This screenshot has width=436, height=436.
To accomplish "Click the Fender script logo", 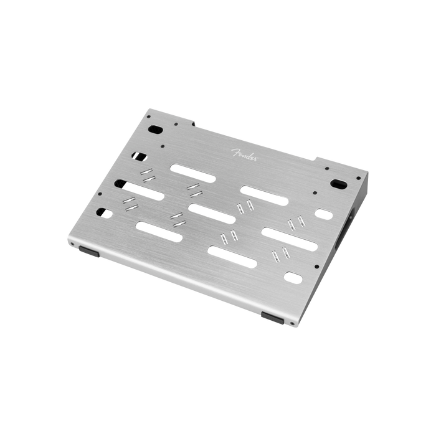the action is tap(245, 154).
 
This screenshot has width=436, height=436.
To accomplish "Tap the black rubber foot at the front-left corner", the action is tap(89, 251).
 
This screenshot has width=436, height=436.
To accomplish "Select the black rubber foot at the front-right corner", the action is tap(273, 318).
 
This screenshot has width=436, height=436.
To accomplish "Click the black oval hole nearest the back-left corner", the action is tap(156, 130).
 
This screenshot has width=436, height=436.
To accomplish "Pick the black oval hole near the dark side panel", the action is tap(338, 184).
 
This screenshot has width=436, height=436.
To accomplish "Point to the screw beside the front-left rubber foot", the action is tap(73, 244).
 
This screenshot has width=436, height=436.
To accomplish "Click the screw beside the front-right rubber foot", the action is tap(292, 323).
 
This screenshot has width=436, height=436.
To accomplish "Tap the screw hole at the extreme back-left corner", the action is tap(149, 117).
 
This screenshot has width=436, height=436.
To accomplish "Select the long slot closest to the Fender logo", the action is tap(193, 173).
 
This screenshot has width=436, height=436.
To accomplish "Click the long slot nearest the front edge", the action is tap(232, 257).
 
